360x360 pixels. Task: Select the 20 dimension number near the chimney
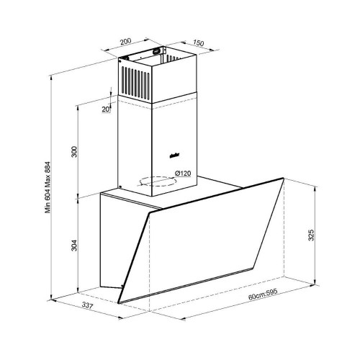(x=106, y=109)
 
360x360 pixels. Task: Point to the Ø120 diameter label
(x=182, y=173)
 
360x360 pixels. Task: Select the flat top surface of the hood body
(x=180, y=193)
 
